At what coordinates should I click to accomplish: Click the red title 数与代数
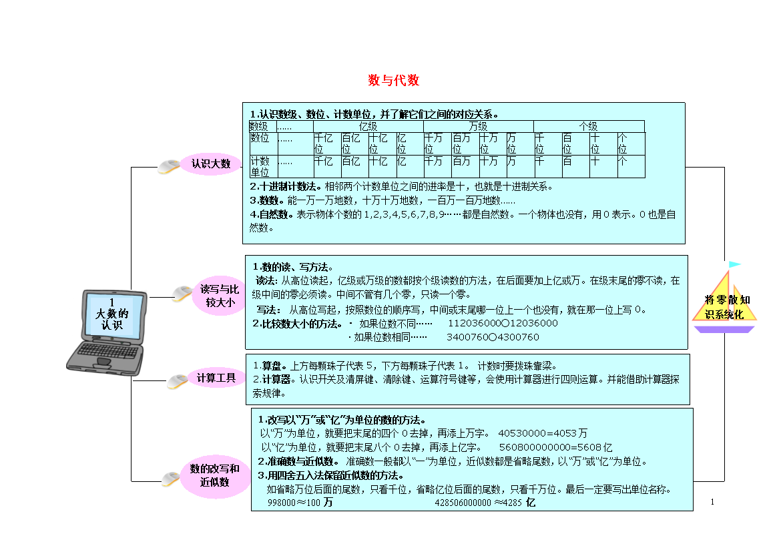[x=393, y=80]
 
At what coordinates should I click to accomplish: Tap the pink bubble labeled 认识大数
[x=211, y=164]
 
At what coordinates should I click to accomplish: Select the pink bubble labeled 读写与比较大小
[x=219, y=296]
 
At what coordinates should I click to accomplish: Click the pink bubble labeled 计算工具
[x=216, y=378]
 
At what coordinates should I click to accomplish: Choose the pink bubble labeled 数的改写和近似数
[x=215, y=475]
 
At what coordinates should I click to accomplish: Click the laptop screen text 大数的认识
[x=112, y=314]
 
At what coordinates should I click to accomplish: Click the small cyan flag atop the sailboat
[x=735, y=264]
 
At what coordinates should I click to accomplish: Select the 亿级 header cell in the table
[x=368, y=127]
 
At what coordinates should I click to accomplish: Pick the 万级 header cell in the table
[x=478, y=127]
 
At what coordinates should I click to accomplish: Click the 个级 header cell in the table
[x=589, y=127]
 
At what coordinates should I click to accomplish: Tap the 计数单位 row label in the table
[x=260, y=166]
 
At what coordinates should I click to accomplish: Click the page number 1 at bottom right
[x=712, y=502]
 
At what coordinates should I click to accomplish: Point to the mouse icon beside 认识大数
[x=169, y=166]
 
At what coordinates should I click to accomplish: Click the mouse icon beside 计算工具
[x=178, y=382]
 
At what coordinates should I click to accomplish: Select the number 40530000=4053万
[x=543, y=433]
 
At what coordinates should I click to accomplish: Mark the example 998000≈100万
[x=300, y=502]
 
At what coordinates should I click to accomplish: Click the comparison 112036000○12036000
[x=503, y=323]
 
